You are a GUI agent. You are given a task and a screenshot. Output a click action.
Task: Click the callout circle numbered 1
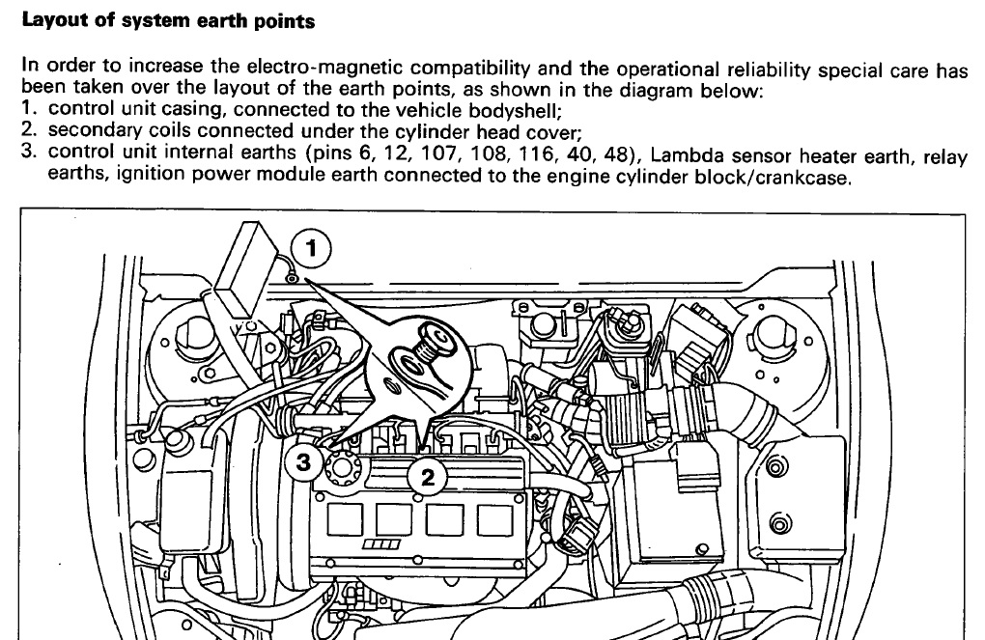(x=311, y=249)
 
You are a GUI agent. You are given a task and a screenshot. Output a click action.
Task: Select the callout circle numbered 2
(x=427, y=475)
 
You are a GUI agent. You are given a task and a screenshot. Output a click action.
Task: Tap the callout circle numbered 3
(x=304, y=462)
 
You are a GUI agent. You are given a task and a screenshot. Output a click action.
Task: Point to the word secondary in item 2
(x=96, y=129)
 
